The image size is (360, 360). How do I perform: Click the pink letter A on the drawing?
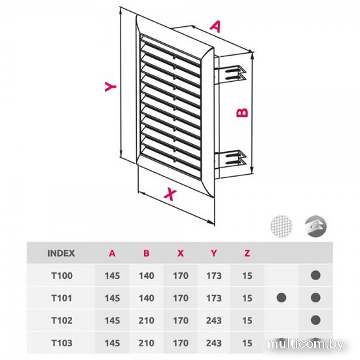215,26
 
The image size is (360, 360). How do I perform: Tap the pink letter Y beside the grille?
111,86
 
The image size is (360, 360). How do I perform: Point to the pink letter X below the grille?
170,194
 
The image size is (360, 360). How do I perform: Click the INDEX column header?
61,253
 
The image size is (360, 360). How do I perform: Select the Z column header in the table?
247,253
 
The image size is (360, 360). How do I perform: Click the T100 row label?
62,276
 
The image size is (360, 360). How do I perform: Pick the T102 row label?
62,320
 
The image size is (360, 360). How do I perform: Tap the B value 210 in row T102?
146,320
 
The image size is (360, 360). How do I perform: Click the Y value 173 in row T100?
214,276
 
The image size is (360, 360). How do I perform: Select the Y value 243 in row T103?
214,343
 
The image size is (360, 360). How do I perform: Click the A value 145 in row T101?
113,298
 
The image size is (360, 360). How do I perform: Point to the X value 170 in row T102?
181,320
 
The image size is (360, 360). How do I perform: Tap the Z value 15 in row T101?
247,298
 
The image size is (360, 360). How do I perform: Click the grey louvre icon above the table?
315,226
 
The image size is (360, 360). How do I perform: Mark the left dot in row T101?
281,298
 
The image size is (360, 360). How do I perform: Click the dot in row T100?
315,276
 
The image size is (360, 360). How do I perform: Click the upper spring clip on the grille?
232,73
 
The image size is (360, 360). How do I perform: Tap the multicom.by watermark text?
306,344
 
